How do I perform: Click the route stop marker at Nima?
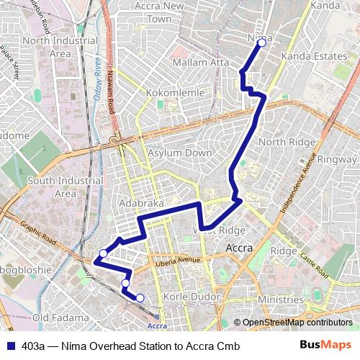[x=261, y=43]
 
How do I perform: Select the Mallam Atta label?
[x=200, y=63]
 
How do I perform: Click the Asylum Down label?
[x=180, y=153]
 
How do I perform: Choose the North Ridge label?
[x=286, y=142]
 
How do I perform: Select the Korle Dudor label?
[x=191, y=297]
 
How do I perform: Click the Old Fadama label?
[x=60, y=318]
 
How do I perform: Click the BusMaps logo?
[x=325, y=346]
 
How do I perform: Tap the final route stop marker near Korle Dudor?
[x=140, y=298]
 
